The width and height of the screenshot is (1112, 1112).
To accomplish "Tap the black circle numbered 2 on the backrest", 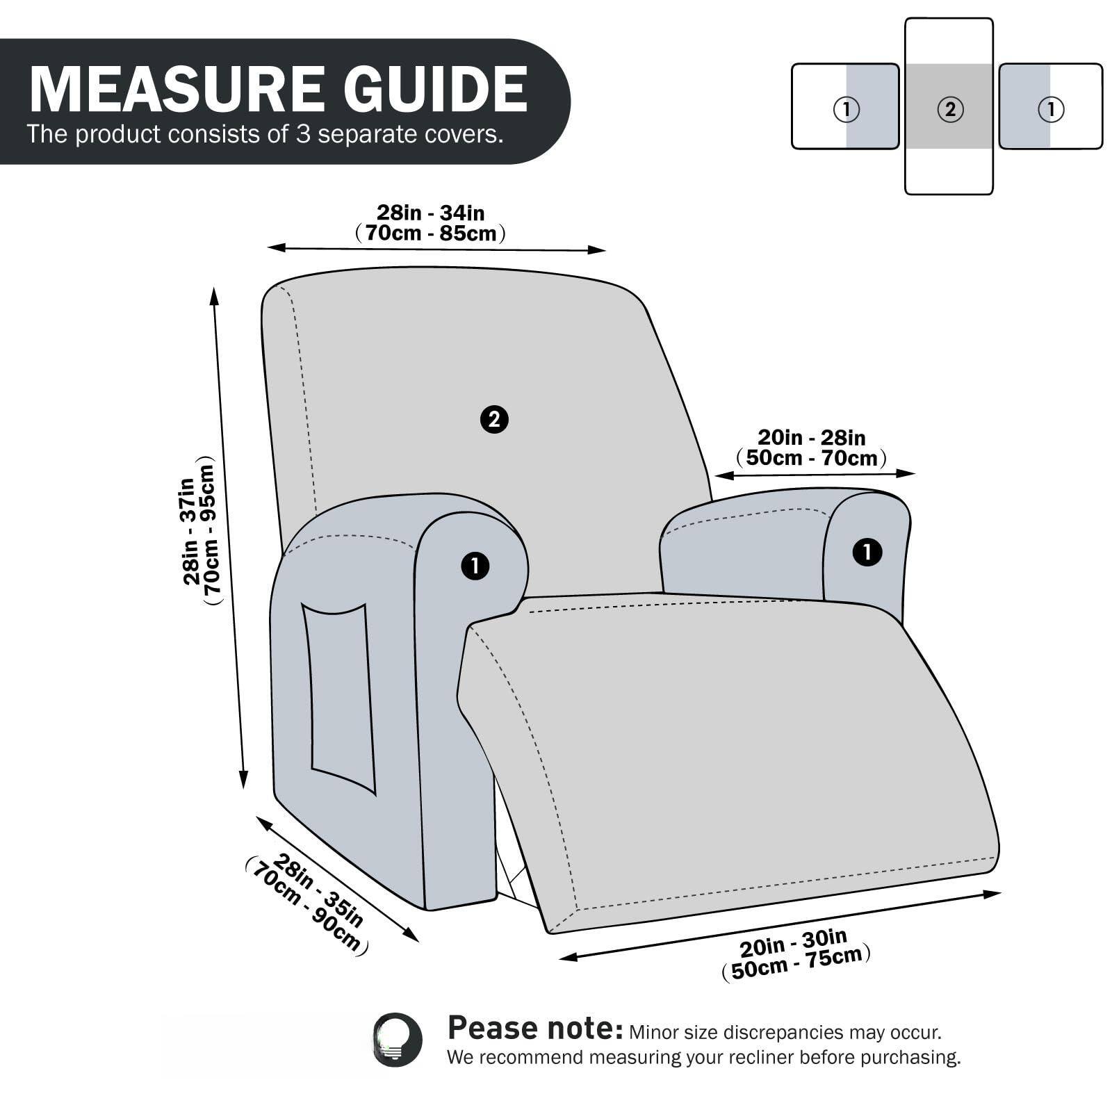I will (494, 419).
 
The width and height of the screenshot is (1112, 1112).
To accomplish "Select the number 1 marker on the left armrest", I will (475, 566).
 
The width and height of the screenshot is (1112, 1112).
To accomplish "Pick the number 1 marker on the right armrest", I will (867, 553).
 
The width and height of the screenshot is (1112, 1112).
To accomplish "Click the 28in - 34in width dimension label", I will (430, 212).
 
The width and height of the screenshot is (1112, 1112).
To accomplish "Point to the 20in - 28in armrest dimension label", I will (811, 437).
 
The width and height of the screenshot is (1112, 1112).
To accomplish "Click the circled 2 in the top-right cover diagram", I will (950, 109).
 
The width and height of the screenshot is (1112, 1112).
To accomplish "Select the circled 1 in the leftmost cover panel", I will (846, 109).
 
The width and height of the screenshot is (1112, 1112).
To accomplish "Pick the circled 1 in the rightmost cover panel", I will (1051, 109).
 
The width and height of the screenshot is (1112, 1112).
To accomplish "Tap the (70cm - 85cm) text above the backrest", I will (430, 234).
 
